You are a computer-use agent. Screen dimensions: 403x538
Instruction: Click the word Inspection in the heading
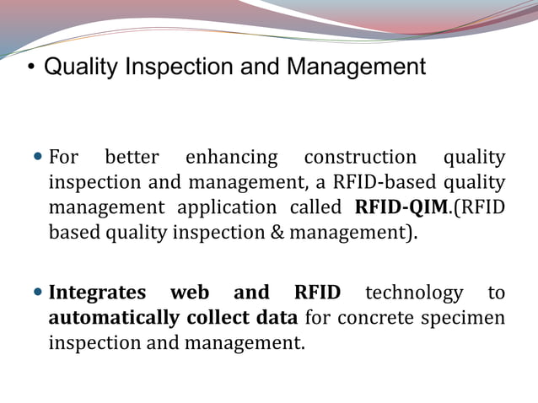[x=177, y=67]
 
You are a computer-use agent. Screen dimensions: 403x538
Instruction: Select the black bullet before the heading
[x=30, y=67]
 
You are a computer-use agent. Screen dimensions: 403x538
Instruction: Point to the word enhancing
[x=231, y=158]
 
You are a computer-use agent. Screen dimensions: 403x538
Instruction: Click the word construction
[x=360, y=158]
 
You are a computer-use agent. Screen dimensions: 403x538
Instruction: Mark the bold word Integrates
[x=96, y=293]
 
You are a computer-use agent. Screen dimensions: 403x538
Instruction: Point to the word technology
[x=414, y=293]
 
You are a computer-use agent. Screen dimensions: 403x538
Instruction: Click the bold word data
[x=277, y=318]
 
